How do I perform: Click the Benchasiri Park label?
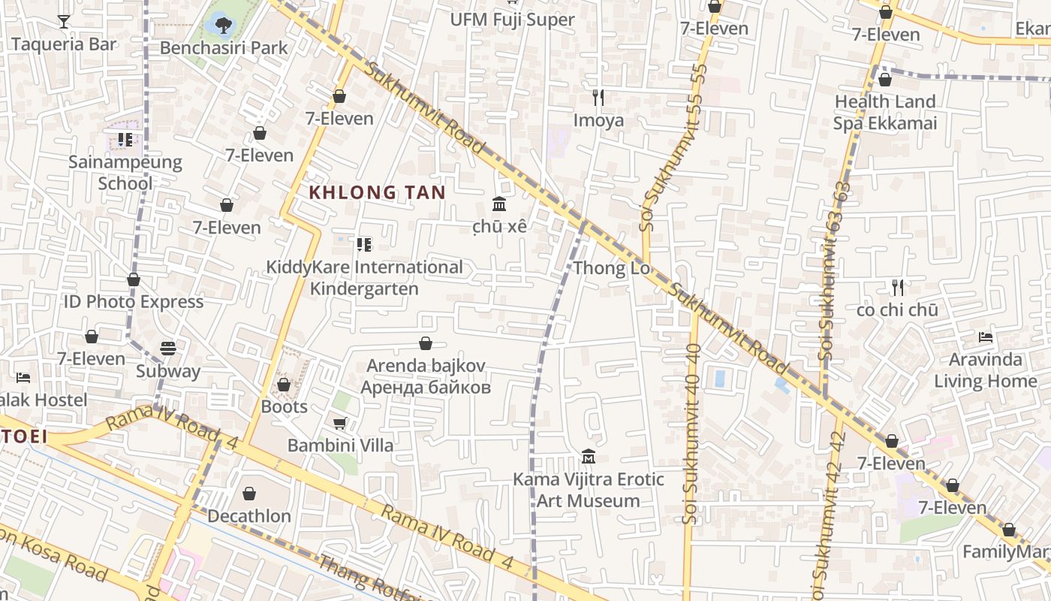224,48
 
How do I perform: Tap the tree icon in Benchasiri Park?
223,26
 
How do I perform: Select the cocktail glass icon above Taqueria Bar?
64,21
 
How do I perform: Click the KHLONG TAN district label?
377,192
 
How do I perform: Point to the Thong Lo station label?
611,268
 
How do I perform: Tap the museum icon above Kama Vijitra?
589,456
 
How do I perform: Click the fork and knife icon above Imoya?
598,97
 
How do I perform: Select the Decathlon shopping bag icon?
249,494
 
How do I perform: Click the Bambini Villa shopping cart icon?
339,423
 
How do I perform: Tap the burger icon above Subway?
168,349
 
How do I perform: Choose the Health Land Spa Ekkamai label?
885,112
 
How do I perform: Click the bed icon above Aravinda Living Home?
986,337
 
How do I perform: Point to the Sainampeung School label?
125,172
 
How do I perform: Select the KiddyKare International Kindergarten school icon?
364,244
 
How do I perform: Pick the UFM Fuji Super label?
512,20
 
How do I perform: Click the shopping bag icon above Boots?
284,385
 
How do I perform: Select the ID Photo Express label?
133,301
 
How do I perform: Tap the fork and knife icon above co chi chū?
897,287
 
